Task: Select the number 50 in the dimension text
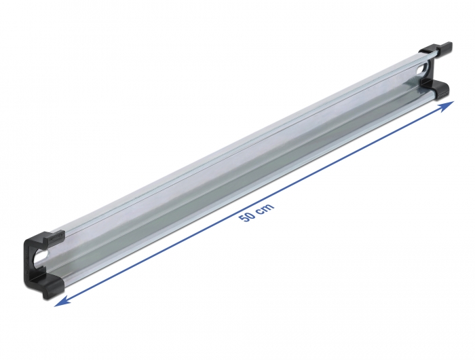[x=248, y=217]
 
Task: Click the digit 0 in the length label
[x=250, y=215]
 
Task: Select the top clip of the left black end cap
[x=47, y=237]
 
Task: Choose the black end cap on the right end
[x=435, y=70]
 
